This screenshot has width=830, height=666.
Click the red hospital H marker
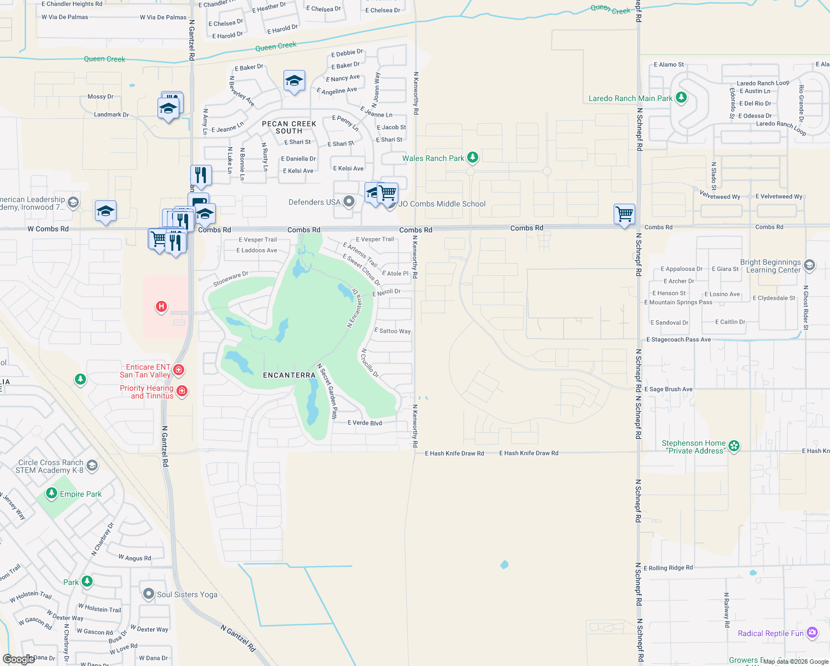point(161,306)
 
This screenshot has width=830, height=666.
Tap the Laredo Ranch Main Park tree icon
point(681,98)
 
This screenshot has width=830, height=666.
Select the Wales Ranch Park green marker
point(472,158)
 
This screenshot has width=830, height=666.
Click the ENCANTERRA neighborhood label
point(289,376)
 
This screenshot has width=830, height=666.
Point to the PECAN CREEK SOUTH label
point(289,128)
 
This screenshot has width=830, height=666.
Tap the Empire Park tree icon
point(52,493)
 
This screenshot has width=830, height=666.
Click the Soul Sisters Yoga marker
point(148,594)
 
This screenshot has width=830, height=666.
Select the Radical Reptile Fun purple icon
point(812,633)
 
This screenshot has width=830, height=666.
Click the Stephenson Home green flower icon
point(734,446)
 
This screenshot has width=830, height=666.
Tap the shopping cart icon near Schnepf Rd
point(625,214)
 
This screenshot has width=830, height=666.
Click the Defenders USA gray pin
point(349,201)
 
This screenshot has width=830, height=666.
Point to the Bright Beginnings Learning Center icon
point(809,265)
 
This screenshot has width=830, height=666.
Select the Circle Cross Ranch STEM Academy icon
point(92,466)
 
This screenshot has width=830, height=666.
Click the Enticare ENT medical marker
point(179,370)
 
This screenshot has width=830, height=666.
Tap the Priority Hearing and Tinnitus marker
point(182,391)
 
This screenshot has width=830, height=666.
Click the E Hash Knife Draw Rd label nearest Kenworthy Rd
point(454,453)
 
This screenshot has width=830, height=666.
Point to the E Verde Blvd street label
point(365,423)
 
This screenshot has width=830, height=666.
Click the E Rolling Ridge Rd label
point(668,568)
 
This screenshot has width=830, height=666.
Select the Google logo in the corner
point(19,659)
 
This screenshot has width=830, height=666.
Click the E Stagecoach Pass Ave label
point(678,340)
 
